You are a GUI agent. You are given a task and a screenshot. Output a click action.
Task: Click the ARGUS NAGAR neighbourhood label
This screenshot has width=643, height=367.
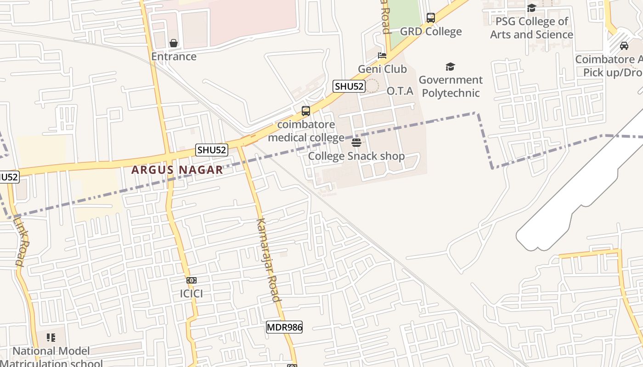(177, 170)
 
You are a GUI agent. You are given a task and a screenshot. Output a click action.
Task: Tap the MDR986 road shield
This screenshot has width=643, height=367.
(284, 327)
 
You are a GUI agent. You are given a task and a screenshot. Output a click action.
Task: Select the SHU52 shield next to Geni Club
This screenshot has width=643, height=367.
(349, 86)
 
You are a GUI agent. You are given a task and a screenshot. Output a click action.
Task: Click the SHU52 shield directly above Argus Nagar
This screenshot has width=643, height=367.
(212, 150)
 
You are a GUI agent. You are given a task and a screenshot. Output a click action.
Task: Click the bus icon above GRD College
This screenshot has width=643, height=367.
(430, 18)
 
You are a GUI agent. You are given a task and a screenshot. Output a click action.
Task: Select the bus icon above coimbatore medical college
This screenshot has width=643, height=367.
(305, 111)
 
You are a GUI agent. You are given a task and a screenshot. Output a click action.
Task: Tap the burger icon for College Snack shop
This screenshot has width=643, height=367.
(356, 142)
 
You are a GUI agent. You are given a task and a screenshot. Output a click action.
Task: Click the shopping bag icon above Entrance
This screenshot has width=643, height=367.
(174, 43)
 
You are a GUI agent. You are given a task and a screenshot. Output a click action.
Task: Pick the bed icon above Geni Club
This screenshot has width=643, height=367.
(382, 56)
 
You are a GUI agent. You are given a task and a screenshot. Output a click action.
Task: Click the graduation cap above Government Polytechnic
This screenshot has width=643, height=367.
(450, 67)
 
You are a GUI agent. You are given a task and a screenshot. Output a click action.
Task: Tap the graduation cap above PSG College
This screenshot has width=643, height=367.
(531, 8)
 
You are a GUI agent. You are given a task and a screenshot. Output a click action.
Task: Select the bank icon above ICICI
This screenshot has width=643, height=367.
(192, 280)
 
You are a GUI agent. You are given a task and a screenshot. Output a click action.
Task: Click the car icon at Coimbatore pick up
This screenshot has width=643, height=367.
(624, 46)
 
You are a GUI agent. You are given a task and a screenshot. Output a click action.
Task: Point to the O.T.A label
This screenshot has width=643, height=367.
(400, 91)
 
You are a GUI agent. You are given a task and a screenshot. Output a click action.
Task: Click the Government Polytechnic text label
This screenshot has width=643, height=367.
(451, 86)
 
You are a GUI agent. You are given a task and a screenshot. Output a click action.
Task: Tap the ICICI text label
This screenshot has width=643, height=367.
(191, 294)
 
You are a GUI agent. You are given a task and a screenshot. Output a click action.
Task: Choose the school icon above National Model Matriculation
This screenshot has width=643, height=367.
(51, 338)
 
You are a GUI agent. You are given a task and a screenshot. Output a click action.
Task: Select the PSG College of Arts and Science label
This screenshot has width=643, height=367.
(531, 28)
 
